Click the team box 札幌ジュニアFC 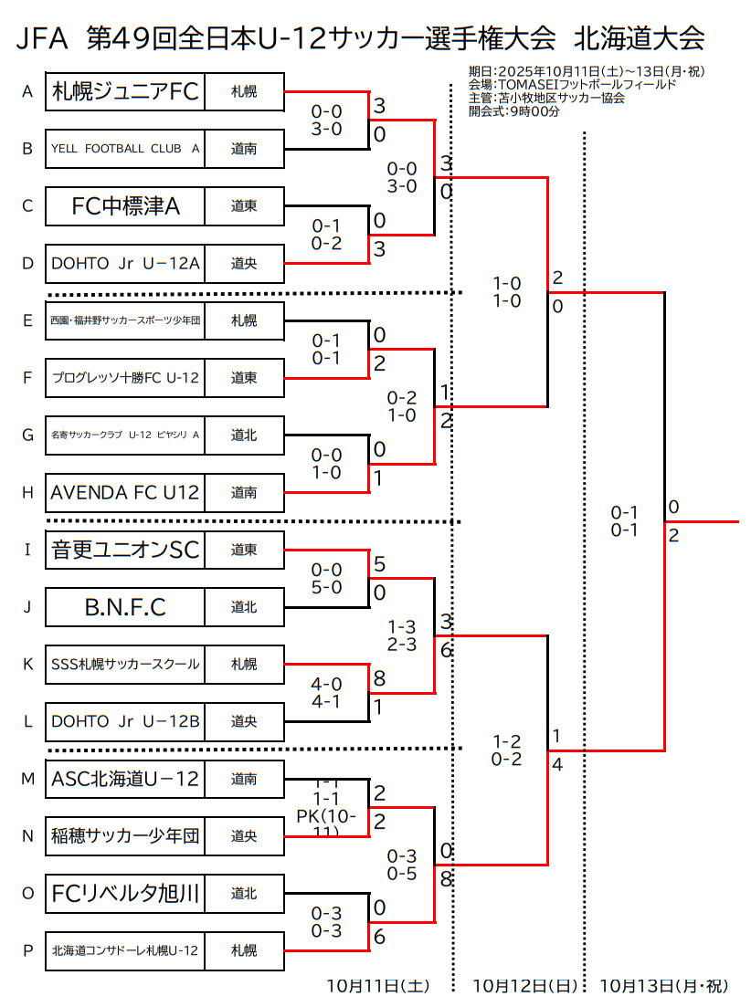point(125,91)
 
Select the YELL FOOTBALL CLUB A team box point(125,149)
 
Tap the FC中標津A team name point(125,206)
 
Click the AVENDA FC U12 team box point(125,493)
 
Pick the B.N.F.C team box point(125,607)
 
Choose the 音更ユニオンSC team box point(125,550)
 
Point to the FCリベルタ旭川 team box point(125,894)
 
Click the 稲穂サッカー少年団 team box point(125,836)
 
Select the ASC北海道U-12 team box point(125,779)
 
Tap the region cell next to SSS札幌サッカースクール point(244,665)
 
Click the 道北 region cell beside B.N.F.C point(244,607)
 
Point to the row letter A point(27,91)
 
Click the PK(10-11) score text point(326,823)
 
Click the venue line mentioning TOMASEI point(572,85)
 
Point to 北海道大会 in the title point(640,38)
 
